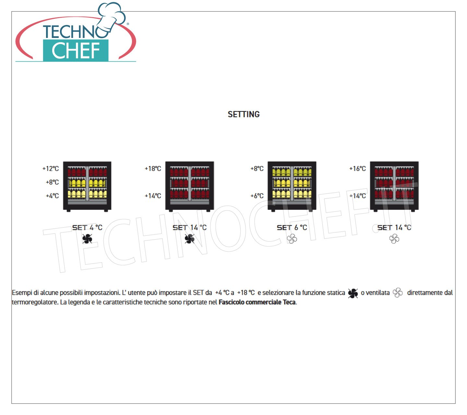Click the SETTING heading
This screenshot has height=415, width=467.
pos(244,114)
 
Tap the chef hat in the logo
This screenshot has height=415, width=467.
pos(112,17)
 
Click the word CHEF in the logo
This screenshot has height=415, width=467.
pos(76,51)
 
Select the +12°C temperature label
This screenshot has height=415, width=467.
pos(51,169)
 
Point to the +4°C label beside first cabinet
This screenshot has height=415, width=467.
pos(52,196)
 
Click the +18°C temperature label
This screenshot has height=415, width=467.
pos(153,169)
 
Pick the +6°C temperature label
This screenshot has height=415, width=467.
pos(257,196)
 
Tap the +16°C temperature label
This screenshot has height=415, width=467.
pos(357,169)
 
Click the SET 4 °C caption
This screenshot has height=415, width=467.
pos(87,228)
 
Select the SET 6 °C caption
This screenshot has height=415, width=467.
pos(292,228)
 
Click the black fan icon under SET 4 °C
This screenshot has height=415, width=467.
pos(87,239)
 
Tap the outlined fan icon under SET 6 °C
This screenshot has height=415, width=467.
pos(292,239)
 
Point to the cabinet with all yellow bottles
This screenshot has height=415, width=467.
pos(292,186)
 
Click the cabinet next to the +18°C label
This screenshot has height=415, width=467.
pos(189,186)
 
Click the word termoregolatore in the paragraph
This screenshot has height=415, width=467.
pos(35,302)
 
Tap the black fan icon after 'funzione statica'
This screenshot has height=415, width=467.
pos(353,293)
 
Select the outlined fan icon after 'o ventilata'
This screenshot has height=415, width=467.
pos(398,293)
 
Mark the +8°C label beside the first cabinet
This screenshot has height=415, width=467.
pos(52,182)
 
